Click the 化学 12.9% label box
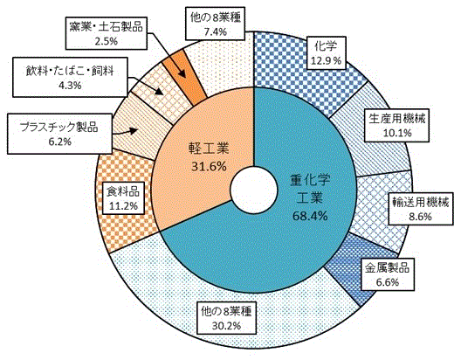tap(326, 53)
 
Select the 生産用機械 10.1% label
tap(396, 125)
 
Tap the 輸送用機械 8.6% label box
tap(421, 209)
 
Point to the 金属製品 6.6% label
tap(387, 274)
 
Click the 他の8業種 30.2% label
tap(226, 318)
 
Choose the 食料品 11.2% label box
tap(123, 198)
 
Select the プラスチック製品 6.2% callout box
tap(59, 134)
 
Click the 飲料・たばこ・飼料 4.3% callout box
tap(70, 77)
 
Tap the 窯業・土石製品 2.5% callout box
tap(107, 32)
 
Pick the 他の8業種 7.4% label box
tap(215, 24)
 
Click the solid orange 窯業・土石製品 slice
tap(185, 77)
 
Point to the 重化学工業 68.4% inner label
tap(310, 197)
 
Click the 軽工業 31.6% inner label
tap(209, 157)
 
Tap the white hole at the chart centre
tap(254, 190)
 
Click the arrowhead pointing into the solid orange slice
tap(182, 73)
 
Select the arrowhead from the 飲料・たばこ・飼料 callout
tap(159, 91)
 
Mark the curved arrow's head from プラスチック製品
tap(134, 130)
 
